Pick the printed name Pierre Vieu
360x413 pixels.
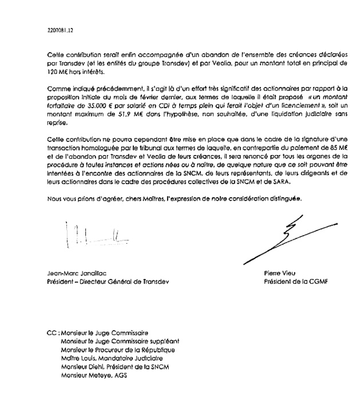click(279, 273)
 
